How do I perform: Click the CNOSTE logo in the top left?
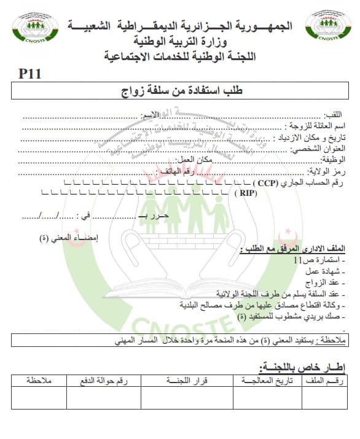(x=36, y=31)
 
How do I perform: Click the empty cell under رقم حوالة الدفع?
(x=104, y=398)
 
